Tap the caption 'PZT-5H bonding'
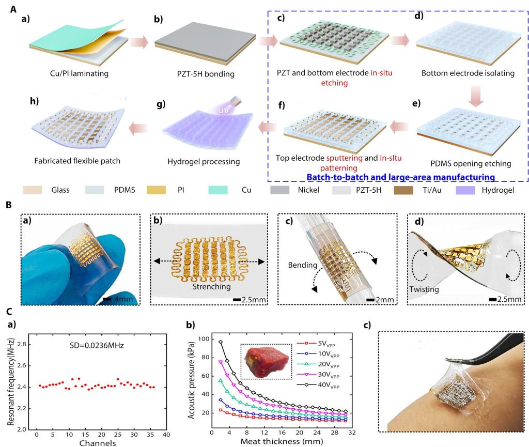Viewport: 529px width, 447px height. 201,73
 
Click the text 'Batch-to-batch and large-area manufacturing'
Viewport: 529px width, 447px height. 400,177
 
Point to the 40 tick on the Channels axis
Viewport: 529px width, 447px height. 166,436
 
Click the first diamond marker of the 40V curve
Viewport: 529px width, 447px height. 221,342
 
